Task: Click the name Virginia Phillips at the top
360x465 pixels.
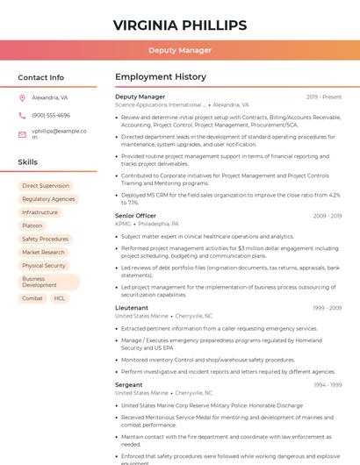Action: coord(180,25)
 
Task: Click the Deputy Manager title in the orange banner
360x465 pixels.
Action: coord(180,50)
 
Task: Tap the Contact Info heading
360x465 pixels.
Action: coord(41,77)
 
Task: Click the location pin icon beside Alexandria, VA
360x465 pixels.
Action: coord(23,98)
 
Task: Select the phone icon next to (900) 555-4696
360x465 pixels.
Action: coord(23,115)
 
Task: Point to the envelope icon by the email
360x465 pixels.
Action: coord(23,134)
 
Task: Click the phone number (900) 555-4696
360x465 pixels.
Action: coord(51,115)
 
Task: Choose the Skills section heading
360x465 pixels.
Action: coord(28,162)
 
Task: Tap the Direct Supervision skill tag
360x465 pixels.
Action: coord(46,186)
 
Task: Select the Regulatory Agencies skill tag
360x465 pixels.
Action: coord(48,199)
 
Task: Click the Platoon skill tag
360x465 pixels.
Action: coord(32,225)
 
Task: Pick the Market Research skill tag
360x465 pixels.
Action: coord(44,253)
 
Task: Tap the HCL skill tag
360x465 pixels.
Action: coord(60,298)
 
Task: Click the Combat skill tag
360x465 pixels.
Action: coord(32,298)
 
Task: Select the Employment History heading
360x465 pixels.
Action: coord(161,77)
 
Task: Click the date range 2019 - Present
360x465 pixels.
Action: coord(324,97)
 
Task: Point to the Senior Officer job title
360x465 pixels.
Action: coord(135,216)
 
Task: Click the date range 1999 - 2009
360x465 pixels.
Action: coord(327,308)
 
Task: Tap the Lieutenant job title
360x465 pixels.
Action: coord(132,308)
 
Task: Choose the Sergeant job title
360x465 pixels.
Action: coord(128,384)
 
